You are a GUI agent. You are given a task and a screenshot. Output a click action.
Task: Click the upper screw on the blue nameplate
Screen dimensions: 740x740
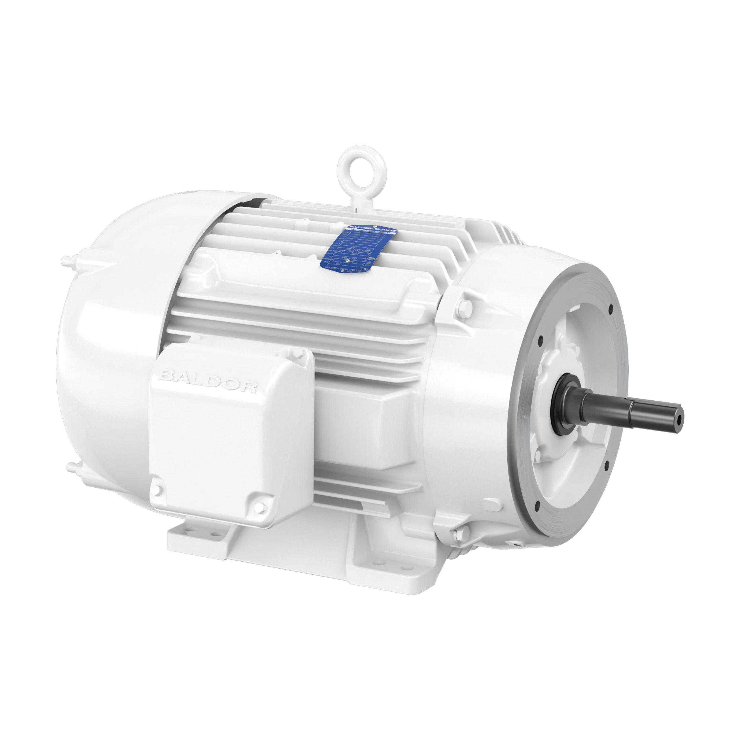[x=375, y=226]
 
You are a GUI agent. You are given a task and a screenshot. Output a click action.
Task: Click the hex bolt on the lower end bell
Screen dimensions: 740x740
[x=460, y=532]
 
